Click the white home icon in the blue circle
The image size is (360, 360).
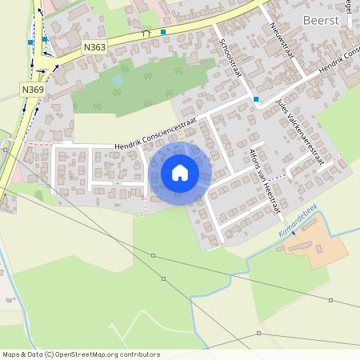coord(180,173)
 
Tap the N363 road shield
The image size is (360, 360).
coord(94,48)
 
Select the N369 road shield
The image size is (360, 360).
coord(33,90)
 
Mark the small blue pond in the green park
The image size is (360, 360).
coord(118,81)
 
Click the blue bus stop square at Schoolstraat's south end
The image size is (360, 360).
coord(256,99)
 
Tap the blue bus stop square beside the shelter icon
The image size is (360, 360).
coord(162,32)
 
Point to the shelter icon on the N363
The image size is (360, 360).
coord(146,33)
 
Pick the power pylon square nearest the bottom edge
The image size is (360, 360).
coord(258,333)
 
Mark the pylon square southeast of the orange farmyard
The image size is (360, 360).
coord(331,300)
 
